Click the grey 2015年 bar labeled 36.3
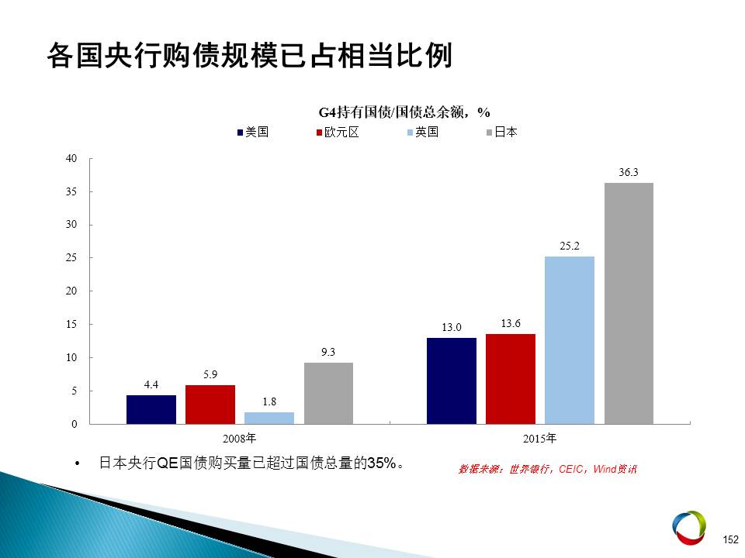coord(629,303)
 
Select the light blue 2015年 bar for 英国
coord(569,340)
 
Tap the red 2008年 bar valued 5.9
coord(210,405)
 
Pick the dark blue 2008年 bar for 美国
coord(151,409)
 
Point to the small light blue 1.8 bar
coord(269,418)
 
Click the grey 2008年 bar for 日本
coord(328,394)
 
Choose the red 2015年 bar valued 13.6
coord(511,379)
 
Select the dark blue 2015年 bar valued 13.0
coord(452,381)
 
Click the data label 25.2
coord(569,246)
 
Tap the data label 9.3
coord(327,352)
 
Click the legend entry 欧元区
coord(338,132)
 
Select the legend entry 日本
coord(502,132)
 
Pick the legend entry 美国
coord(253,132)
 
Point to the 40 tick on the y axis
coord(71,158)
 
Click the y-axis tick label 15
coord(71,325)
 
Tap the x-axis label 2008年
coord(240,439)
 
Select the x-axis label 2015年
coord(540,439)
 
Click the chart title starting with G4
coord(404,112)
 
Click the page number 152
coord(730,539)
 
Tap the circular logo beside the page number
coord(689,528)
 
